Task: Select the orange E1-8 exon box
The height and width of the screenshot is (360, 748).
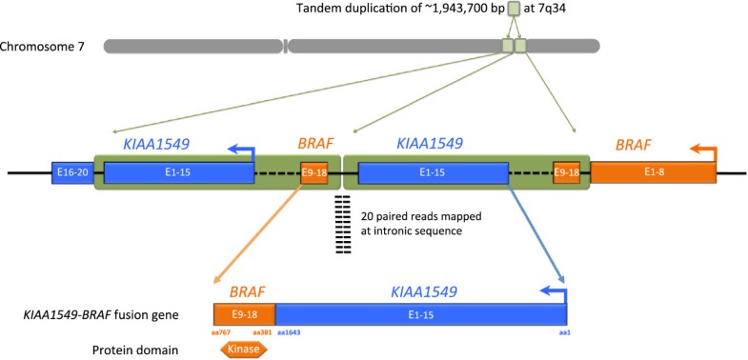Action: click(653, 172)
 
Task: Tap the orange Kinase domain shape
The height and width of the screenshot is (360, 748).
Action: click(245, 350)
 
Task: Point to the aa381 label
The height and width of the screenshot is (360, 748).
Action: click(264, 333)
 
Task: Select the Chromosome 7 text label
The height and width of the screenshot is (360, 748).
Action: click(47, 46)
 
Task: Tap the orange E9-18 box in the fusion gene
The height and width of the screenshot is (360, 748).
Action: click(244, 313)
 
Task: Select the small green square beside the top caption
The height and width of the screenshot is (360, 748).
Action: click(514, 10)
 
